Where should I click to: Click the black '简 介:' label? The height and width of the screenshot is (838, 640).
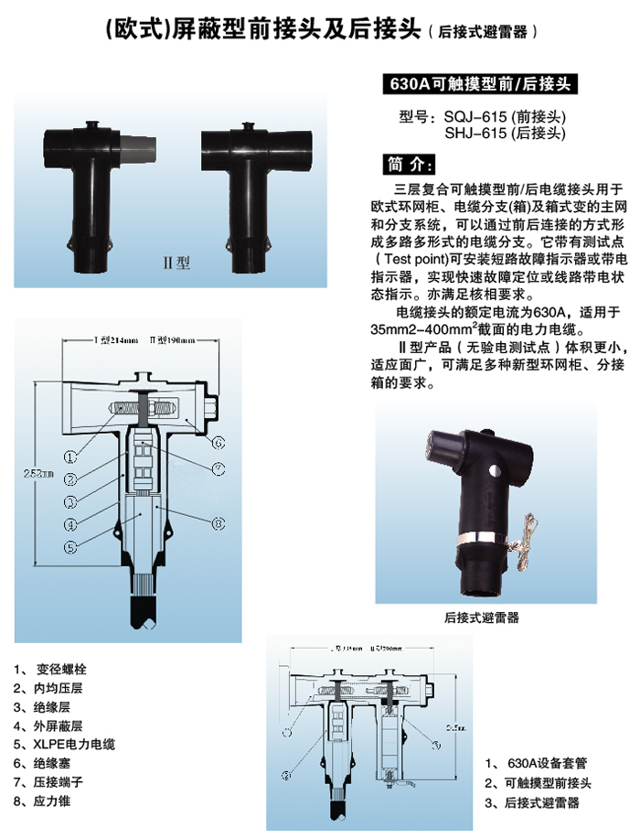(408, 165)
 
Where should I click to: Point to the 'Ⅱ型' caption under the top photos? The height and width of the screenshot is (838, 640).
(176, 262)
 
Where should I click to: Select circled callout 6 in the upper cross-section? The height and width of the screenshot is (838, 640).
(219, 443)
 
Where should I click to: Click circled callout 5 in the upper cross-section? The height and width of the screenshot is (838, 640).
(70, 548)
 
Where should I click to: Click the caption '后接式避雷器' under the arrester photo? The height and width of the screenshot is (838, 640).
(482, 618)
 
